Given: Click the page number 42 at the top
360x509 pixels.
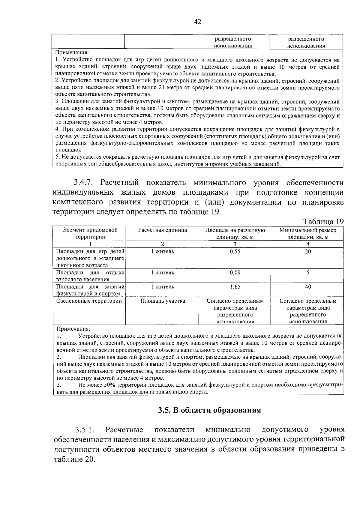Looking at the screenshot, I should tap(198, 22).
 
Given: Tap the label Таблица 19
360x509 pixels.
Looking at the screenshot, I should tap(323, 222).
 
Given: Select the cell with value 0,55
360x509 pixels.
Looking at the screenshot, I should tap(235, 252).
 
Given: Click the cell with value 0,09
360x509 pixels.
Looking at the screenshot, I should tap(235, 273).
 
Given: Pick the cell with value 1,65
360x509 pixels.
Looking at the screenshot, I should tap(235, 287).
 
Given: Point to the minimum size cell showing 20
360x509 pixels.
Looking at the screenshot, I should tap(308, 252).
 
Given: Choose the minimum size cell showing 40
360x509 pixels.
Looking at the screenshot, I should tap(308, 287).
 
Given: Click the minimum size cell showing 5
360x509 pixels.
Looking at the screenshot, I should tap(308, 273).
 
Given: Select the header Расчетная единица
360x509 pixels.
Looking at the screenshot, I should tap(162, 230).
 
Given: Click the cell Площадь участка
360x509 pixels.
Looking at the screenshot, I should tap(163, 301).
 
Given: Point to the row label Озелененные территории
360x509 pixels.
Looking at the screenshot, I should tap(89, 301).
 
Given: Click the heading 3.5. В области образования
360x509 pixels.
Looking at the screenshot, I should tap(209, 410).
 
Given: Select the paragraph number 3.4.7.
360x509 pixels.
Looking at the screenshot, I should tap(85, 183).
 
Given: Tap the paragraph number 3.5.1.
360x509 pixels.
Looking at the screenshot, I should tap(85, 430).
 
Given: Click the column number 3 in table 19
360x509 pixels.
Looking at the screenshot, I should tap(235, 244).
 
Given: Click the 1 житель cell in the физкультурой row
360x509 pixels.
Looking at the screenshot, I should tap(163, 287).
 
